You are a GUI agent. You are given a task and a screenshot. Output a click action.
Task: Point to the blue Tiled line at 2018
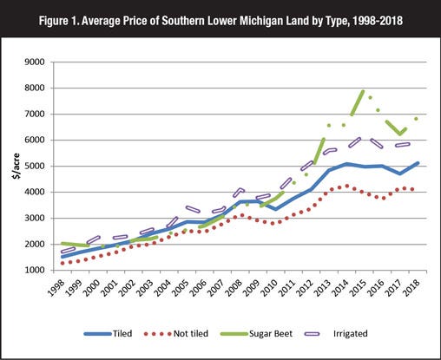tap(418, 163)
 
